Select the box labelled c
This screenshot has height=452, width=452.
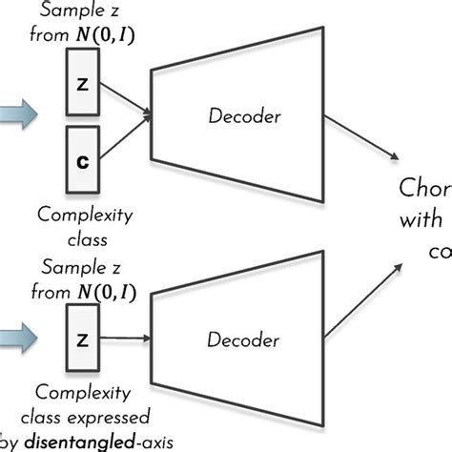(x=81, y=161)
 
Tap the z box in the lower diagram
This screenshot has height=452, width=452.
(x=81, y=337)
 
